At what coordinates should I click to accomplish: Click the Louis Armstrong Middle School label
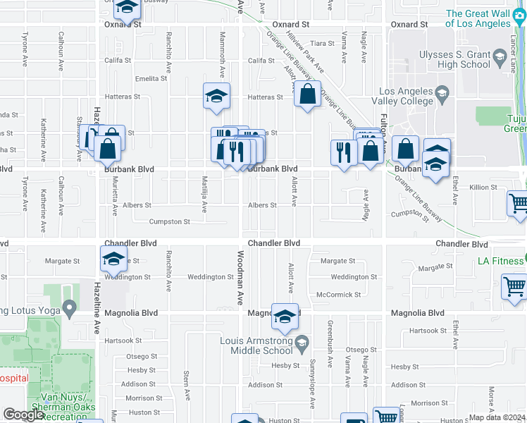click(256, 345)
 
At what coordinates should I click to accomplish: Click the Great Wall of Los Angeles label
click(485, 18)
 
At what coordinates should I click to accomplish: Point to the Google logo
click(23, 414)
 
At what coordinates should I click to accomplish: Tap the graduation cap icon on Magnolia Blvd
click(285, 317)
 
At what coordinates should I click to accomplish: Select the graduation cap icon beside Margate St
click(113, 259)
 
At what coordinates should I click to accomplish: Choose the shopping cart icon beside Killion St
click(519, 203)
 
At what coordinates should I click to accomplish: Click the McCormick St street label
click(338, 295)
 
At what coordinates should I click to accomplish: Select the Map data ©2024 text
click(497, 417)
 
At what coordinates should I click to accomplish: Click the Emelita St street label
click(151, 78)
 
